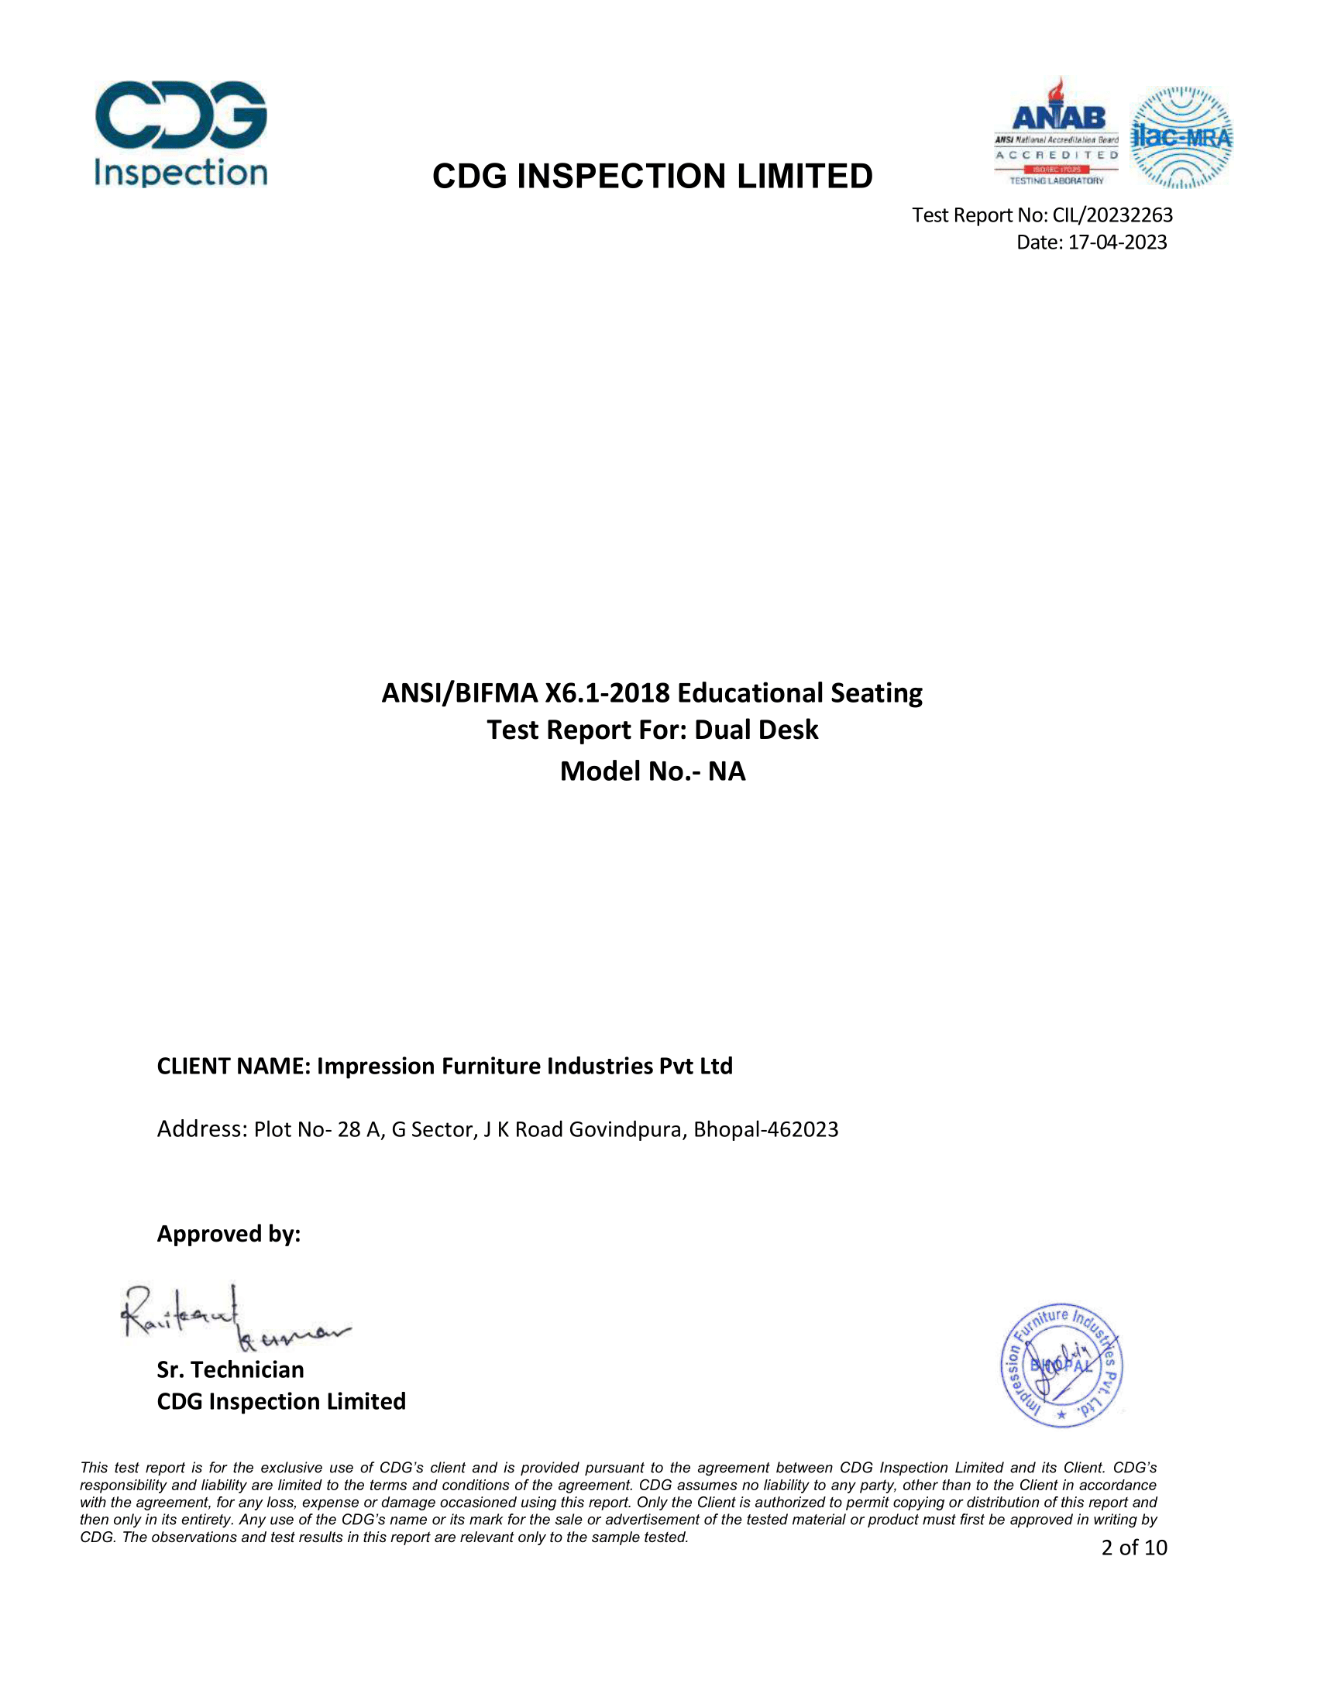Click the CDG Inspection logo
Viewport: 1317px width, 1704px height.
[181, 134]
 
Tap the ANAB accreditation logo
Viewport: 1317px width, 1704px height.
[1057, 132]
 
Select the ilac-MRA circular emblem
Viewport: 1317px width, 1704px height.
[1181, 137]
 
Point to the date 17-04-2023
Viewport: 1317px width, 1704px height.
[1117, 242]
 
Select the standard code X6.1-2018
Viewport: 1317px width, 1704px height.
[607, 693]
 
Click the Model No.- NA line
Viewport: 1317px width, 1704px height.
[652, 771]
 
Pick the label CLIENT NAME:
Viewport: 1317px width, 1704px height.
[234, 1066]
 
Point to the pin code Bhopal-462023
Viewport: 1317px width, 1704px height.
[765, 1130]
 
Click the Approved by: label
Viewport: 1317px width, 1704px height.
[229, 1234]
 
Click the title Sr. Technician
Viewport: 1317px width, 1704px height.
[230, 1369]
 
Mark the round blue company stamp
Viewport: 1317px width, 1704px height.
[1061, 1366]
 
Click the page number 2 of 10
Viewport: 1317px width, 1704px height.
[1133, 1548]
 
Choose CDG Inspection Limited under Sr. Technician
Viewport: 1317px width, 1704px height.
[281, 1401]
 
